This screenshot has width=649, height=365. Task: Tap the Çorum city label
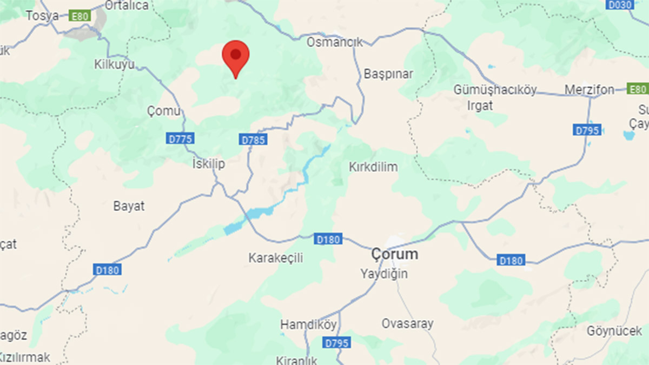tap(395, 254)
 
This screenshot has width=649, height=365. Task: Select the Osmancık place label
tap(335, 42)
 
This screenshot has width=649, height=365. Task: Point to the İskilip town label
tap(209, 163)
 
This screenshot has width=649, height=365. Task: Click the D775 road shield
tap(180, 139)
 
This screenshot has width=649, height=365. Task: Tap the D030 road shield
tap(620, 5)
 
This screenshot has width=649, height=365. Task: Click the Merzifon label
tap(589, 90)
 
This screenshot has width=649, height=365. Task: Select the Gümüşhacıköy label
tap(495, 90)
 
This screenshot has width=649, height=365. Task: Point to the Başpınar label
tap(388, 74)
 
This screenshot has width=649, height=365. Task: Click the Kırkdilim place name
tap(373, 167)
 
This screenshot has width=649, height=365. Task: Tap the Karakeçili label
tap(276, 258)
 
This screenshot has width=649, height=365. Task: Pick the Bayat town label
tap(129, 206)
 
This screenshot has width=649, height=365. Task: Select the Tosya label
tap(42, 16)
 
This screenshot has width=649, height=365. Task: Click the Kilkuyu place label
tap(114, 65)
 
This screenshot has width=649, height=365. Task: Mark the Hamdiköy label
tap(308, 324)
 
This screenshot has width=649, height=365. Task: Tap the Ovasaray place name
tap(407, 324)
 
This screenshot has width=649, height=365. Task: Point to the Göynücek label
tap(614, 330)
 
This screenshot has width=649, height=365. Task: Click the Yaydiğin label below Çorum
tap(384, 274)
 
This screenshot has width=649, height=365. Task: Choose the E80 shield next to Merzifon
tap(638, 89)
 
